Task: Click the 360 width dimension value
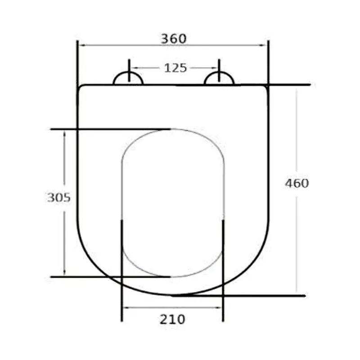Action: point(174,39)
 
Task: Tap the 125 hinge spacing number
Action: point(175,68)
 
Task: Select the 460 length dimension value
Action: point(297,184)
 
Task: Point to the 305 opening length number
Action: point(59,197)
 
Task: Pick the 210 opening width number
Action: point(172,319)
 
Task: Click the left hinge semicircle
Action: point(128,79)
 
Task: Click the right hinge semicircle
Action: point(219,79)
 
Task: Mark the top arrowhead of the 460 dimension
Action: point(296,89)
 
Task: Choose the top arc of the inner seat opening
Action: point(173,130)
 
